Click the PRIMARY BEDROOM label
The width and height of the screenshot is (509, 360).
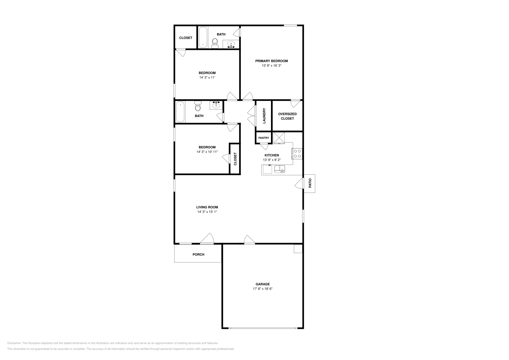(271, 61)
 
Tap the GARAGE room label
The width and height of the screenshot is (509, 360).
(262, 284)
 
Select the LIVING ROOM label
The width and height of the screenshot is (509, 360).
(207, 207)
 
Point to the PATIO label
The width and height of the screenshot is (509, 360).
(310, 183)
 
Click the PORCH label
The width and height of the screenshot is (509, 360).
(198, 254)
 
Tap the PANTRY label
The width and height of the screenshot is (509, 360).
(263, 138)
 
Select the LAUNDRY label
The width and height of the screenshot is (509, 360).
(264, 116)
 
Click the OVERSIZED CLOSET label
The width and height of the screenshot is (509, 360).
(287, 116)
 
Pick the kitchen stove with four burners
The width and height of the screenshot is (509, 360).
(297, 154)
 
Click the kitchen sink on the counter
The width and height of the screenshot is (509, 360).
(280, 169)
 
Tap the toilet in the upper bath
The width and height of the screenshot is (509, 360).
(215, 43)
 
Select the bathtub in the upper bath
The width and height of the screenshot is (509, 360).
(203, 38)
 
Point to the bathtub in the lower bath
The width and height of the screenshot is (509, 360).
(180, 112)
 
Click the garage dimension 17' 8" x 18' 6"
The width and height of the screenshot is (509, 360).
(262, 289)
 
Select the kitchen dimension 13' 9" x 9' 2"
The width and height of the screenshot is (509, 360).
(272, 160)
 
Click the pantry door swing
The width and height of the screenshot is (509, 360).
(264, 147)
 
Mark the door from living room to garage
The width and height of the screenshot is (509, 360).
(249, 240)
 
